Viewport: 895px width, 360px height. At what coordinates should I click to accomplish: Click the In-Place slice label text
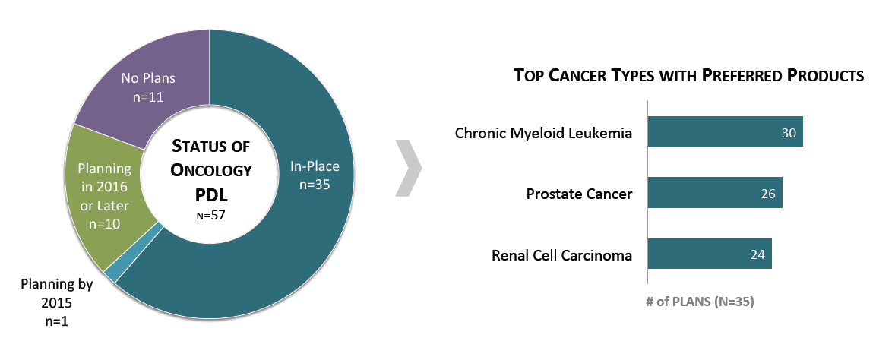coord(315,166)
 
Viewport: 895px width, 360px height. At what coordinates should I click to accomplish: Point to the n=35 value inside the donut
coord(315,185)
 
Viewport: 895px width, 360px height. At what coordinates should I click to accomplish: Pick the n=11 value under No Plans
coord(148,97)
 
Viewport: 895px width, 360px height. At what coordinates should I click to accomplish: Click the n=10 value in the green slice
coord(104,223)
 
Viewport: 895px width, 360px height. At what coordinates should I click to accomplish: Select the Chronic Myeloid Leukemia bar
coord(726,132)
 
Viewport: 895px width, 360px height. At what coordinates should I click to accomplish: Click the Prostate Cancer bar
coord(715,193)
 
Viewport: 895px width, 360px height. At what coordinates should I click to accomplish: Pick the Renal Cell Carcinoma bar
coord(710,254)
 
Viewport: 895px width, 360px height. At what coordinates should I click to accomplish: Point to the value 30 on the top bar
coord(789,133)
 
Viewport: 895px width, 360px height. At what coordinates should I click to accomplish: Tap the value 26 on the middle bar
coord(768,194)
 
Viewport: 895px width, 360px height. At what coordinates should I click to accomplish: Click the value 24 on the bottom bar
coord(757,255)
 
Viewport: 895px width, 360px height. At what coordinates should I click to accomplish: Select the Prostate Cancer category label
coord(579,194)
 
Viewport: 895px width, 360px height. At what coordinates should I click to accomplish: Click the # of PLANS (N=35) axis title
coord(700,302)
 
